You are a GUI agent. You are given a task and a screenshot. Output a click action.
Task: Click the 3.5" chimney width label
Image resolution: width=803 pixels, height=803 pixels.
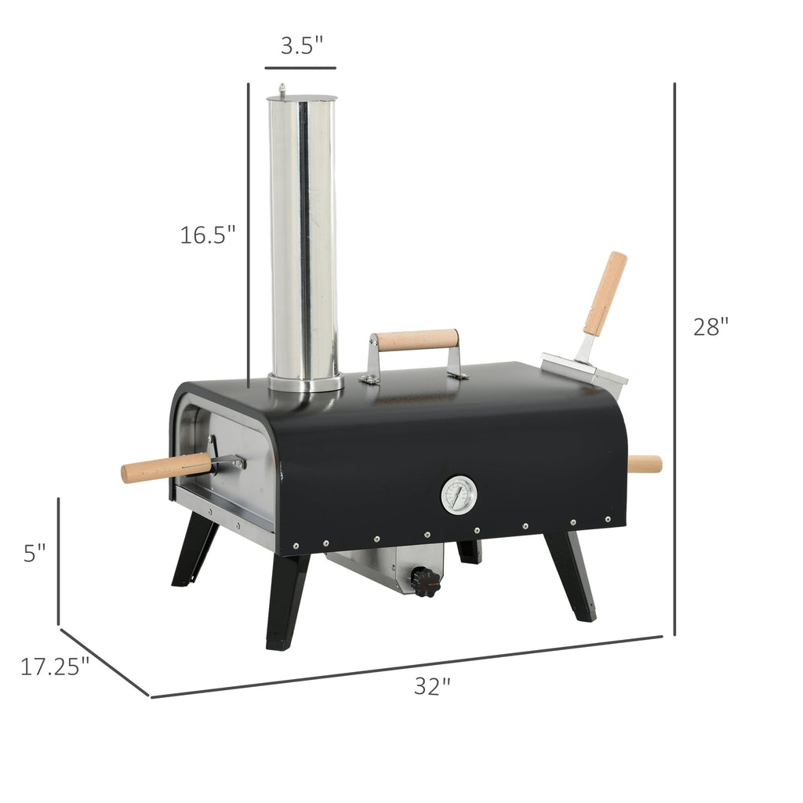pyautogui.click(x=302, y=45)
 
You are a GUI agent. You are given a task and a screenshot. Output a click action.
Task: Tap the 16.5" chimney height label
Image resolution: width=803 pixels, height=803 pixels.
pyautogui.click(x=208, y=234)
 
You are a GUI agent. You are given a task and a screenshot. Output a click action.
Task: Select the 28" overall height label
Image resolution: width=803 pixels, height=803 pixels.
pyautogui.click(x=711, y=326)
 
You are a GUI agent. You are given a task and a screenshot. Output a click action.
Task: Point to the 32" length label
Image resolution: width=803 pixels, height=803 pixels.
pyautogui.click(x=432, y=686)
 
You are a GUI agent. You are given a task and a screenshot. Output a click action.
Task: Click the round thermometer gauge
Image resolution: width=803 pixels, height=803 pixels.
pyautogui.click(x=458, y=495)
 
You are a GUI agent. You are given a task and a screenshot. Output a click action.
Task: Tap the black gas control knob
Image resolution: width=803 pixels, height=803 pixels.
pyautogui.click(x=426, y=582)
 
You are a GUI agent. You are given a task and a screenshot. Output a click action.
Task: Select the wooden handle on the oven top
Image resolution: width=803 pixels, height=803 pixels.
pyautogui.click(x=415, y=340)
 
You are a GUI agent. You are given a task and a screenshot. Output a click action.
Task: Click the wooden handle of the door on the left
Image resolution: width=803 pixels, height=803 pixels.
pyautogui.click(x=165, y=468)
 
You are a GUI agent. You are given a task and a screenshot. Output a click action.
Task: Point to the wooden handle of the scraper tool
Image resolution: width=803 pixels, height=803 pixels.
pyautogui.click(x=605, y=292)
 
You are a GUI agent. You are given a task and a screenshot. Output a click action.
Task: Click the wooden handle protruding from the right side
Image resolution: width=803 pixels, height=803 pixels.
pyautogui.click(x=645, y=464)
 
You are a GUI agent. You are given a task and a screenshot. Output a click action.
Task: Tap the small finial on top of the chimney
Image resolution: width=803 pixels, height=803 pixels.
pyautogui.click(x=282, y=90)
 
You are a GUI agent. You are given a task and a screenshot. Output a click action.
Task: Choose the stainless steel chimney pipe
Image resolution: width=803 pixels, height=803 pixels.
pyautogui.click(x=303, y=235)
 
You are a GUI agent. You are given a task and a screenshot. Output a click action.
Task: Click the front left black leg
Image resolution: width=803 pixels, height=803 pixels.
pyautogui.click(x=285, y=600)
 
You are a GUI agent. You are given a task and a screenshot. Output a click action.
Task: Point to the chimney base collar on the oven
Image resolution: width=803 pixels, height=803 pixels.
pyautogui.click(x=306, y=383)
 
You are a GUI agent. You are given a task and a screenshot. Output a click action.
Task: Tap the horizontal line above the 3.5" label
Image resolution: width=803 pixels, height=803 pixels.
pyautogui.click(x=300, y=68)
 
